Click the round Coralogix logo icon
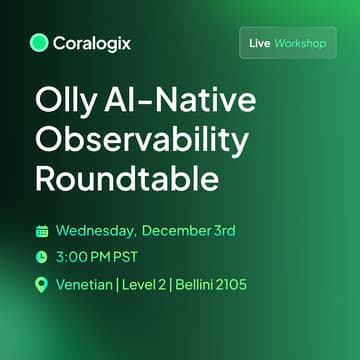[40, 43]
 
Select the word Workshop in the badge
[302, 44]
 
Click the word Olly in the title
[66, 103]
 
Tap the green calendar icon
[42, 231]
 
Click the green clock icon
[42, 257]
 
